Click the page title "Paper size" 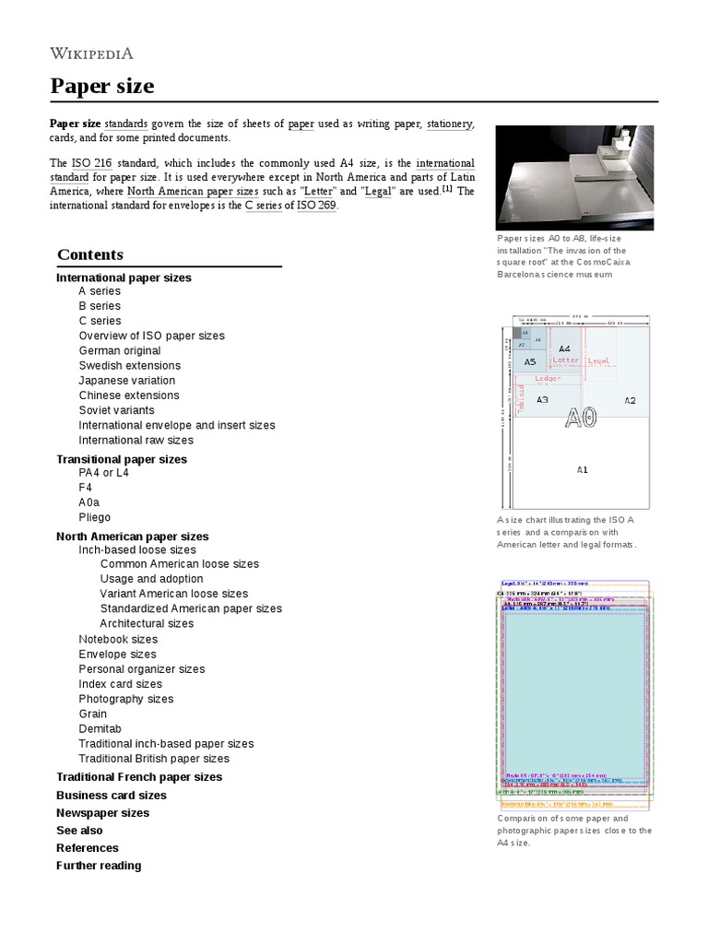pos(101,87)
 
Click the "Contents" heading pos(89,254)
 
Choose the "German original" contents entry pos(119,351)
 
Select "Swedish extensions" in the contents pos(128,366)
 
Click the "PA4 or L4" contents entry pos(103,473)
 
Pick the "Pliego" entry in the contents pos(94,518)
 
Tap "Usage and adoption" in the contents pos(151,579)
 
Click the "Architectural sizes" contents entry pos(147,624)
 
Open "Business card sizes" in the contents pos(111,796)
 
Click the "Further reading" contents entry pos(99,866)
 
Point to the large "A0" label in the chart pos(581,417)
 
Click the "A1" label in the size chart pos(582,470)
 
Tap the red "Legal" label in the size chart pos(598,360)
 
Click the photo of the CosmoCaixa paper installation pos(574,178)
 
